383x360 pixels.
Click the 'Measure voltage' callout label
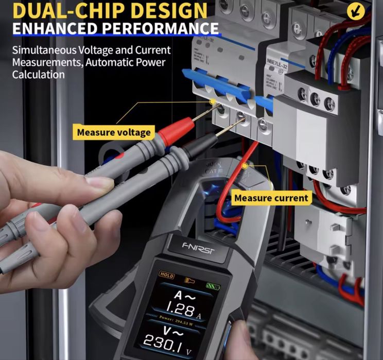114,132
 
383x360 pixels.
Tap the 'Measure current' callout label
271,197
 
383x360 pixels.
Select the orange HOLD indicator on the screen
167,275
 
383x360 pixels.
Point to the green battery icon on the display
213,285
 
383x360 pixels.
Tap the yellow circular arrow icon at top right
369,10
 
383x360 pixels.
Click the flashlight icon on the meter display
190,280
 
